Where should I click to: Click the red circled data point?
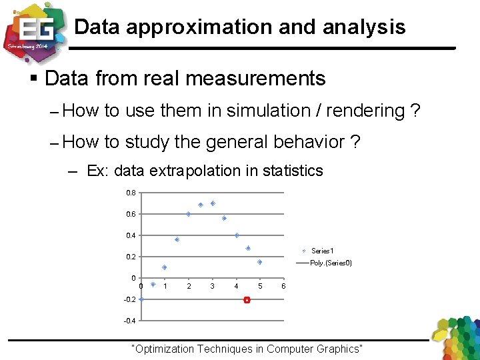click(247, 301)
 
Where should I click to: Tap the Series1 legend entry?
click(322, 251)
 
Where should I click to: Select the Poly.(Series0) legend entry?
click(331, 263)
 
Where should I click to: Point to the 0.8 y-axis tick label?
click(131, 193)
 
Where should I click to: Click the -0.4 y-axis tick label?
click(129, 321)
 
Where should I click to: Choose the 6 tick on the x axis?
click(283, 286)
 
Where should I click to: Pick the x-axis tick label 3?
click(212, 286)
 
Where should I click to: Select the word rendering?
click(363, 111)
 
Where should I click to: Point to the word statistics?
click(292, 171)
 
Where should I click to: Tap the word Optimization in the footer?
click(166, 349)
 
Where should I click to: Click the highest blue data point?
click(213, 203)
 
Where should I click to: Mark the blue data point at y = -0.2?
click(141, 299)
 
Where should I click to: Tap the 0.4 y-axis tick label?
click(131, 235)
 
